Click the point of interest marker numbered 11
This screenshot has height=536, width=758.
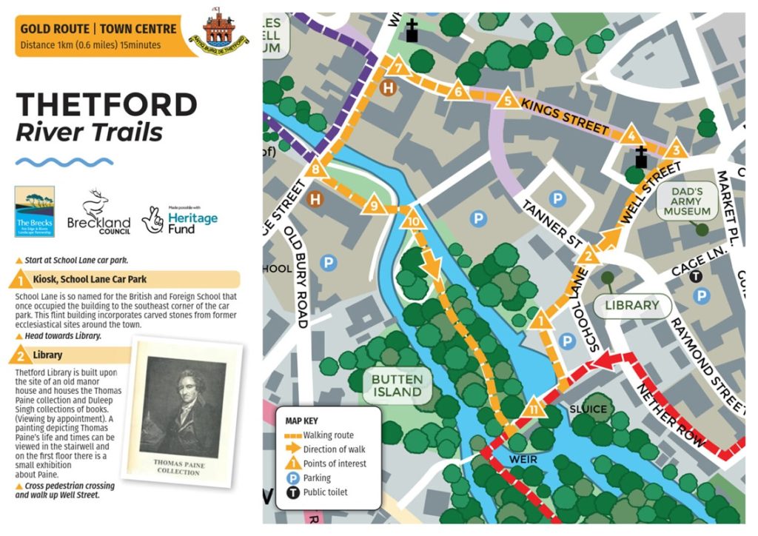tap(534, 409)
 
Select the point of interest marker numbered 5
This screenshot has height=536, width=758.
tap(508, 100)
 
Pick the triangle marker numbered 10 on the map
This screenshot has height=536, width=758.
tap(414, 220)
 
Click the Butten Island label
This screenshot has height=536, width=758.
tap(398, 385)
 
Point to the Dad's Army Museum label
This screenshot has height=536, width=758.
tap(686, 201)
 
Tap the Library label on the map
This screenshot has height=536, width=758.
tap(631, 305)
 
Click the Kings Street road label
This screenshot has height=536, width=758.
tap(565, 116)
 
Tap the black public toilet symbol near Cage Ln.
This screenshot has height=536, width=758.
tap(695, 276)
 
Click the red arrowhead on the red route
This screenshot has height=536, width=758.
tap(606, 362)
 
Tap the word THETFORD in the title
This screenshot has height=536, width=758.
tap(107, 105)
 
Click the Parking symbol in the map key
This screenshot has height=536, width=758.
tap(293, 478)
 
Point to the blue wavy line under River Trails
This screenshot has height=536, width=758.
tap(64, 161)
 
